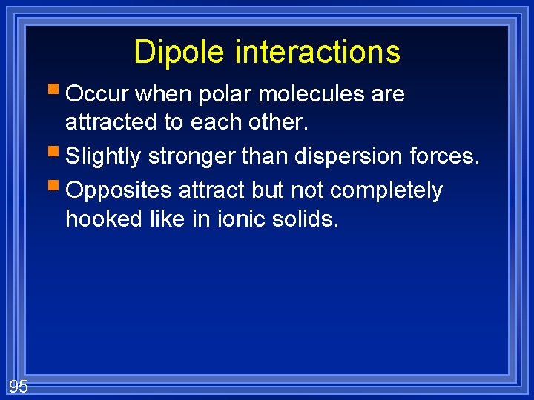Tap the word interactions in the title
click(317, 53)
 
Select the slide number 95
click(19, 386)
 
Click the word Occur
click(96, 94)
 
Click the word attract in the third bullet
click(211, 191)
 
